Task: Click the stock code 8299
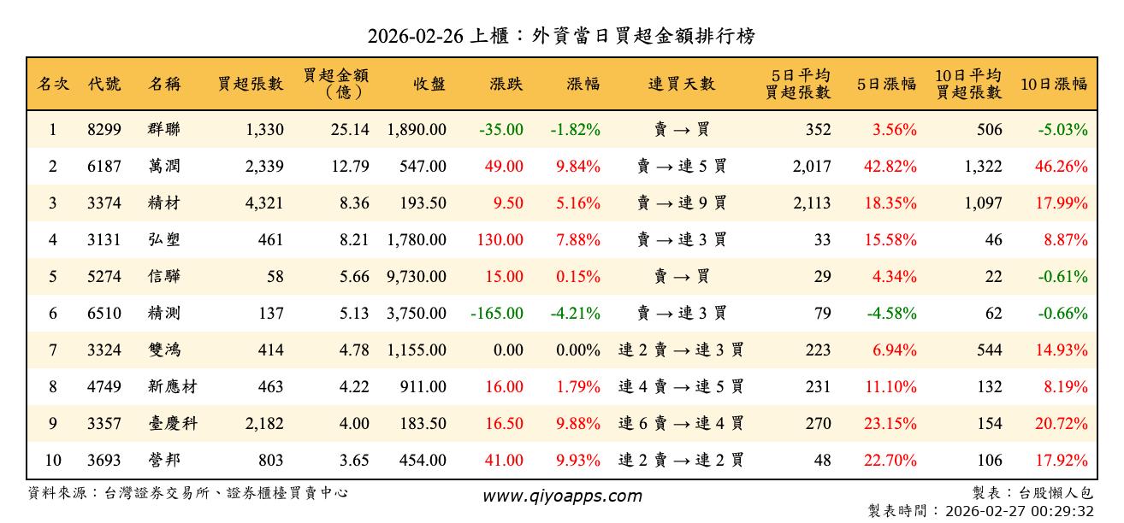point(104,130)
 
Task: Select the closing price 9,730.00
point(417,277)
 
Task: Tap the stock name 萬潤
point(163,167)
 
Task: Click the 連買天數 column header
point(681,85)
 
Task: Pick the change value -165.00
point(497,314)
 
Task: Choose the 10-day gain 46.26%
point(1062,167)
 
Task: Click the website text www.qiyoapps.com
point(561,497)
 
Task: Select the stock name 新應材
point(172,387)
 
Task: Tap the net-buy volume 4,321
point(263,203)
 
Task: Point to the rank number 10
point(53,461)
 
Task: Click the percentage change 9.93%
point(578,461)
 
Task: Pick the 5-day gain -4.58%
point(892,314)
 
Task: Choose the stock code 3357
point(104,424)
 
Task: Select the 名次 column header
point(53,85)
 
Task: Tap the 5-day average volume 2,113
point(812,203)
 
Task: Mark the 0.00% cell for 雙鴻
point(578,350)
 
